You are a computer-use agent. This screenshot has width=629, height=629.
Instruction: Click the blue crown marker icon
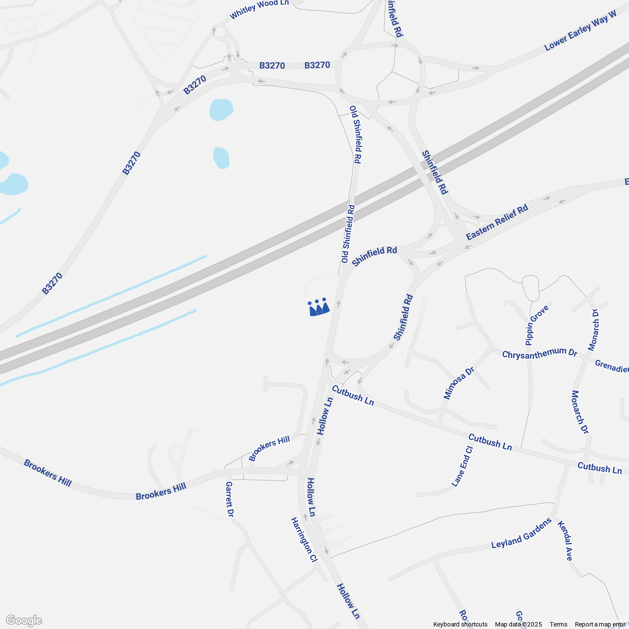pyautogui.click(x=318, y=307)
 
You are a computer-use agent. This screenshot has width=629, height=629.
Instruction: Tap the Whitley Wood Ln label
pyautogui.click(x=259, y=9)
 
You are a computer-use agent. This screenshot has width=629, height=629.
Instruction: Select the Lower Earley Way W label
pyautogui.click(x=581, y=31)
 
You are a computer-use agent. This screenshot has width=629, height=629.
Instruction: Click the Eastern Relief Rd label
pyautogui.click(x=497, y=223)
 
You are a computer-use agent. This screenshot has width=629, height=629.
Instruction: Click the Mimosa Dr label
pyautogui.click(x=459, y=383)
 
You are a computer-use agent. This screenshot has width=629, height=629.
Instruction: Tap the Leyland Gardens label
pyautogui.click(x=521, y=533)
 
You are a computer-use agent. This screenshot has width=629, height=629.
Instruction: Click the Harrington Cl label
pyautogui.click(x=304, y=540)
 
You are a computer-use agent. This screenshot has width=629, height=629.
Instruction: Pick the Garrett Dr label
pyautogui.click(x=230, y=499)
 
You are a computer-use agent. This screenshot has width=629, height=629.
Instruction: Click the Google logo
pyautogui.click(x=24, y=621)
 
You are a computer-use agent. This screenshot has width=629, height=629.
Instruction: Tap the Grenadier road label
pyautogui.click(x=611, y=366)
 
